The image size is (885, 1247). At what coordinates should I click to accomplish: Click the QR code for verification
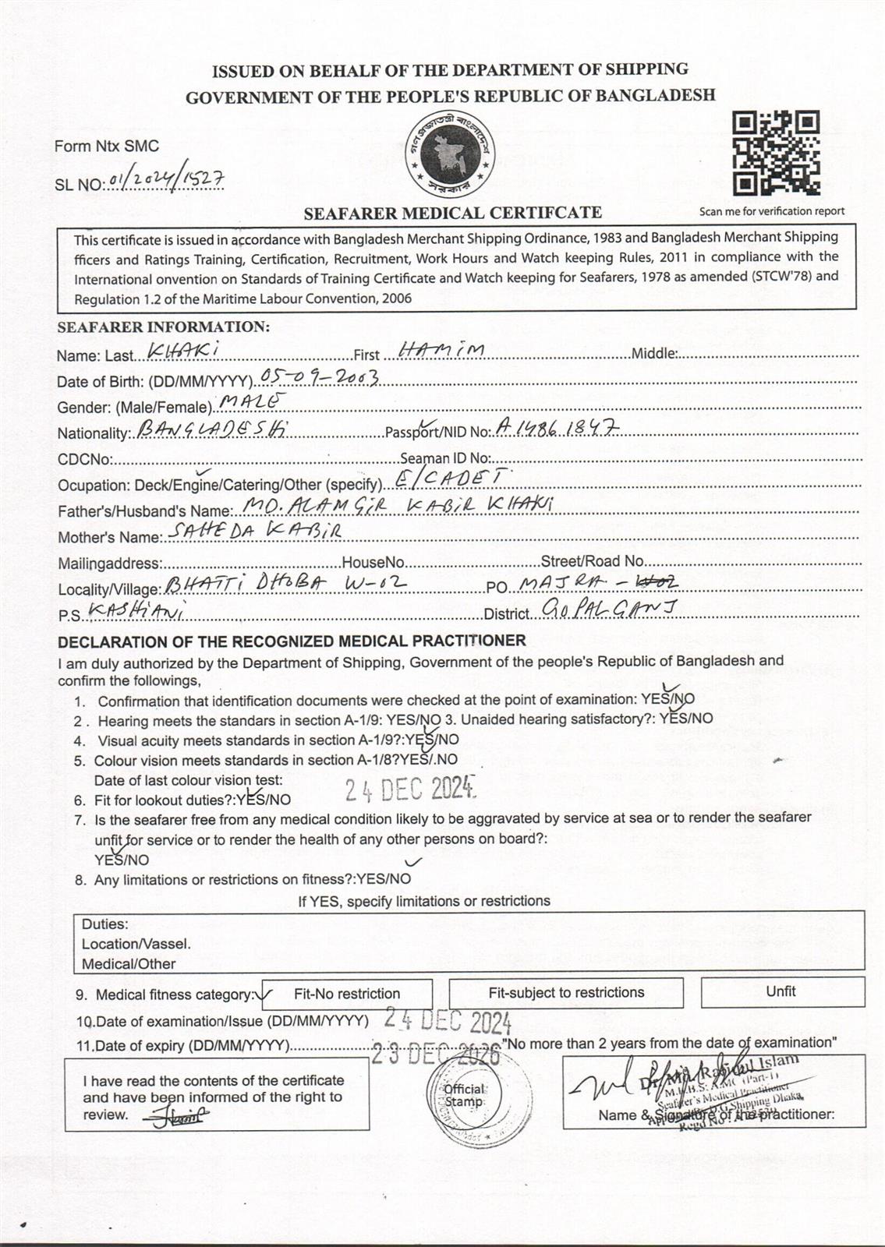776,154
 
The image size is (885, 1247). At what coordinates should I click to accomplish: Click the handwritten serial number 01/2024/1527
167,181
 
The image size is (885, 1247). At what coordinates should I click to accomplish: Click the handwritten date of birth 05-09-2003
320,378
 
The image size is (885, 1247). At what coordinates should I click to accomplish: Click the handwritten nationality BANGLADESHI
211,429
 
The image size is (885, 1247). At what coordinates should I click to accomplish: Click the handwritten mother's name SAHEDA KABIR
253,532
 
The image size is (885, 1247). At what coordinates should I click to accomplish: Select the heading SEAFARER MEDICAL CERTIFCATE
452,212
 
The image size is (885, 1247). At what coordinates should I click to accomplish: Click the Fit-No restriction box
347,994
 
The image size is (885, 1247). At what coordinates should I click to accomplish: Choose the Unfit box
781,991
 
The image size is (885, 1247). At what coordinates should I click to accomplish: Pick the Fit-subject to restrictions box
566,993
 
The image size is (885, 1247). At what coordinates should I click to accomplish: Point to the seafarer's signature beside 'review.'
178,1117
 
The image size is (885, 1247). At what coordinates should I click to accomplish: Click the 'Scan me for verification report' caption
771,211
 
